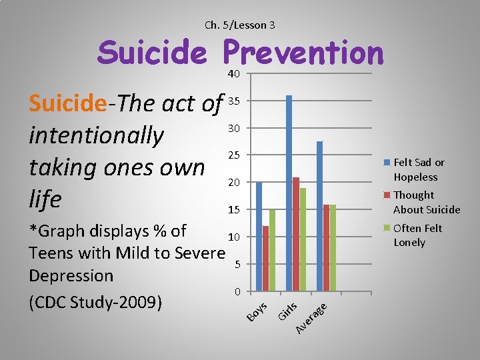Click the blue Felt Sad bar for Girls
(x=289, y=193)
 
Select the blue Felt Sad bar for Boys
(x=259, y=237)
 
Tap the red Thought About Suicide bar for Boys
(x=265, y=259)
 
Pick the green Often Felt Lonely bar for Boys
(x=272, y=250)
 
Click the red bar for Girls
(x=296, y=234)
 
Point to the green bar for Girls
(x=303, y=239)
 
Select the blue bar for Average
(x=320, y=216)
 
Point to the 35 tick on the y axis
(x=233, y=101)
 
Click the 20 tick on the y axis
(x=233, y=183)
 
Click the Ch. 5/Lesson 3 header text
(x=240, y=25)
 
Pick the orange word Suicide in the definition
(x=67, y=103)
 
